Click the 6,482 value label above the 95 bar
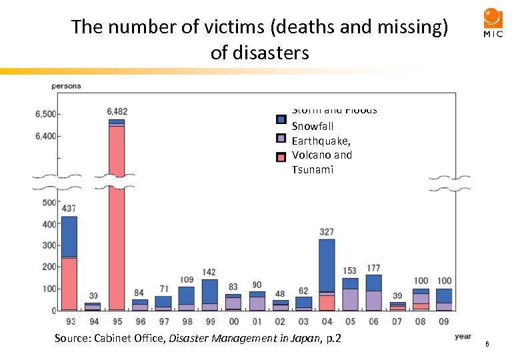(x=117, y=111)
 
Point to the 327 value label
(x=327, y=231)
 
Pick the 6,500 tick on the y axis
(x=45, y=114)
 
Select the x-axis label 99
(x=210, y=321)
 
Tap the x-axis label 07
(x=397, y=321)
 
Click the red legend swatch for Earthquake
(x=281, y=156)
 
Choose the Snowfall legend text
(x=313, y=126)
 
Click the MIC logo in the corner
(x=493, y=23)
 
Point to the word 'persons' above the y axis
(x=66, y=86)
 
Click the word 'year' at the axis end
(x=463, y=336)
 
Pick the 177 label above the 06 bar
(x=373, y=268)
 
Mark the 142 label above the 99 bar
(x=210, y=272)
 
